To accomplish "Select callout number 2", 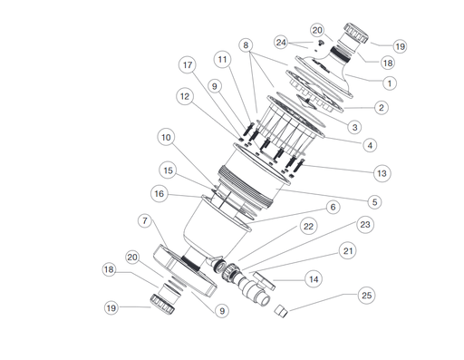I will click(x=382, y=107).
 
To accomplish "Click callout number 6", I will click(x=333, y=207).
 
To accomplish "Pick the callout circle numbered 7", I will click(x=145, y=220).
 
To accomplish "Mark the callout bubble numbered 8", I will click(x=246, y=44).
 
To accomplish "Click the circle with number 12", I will click(x=184, y=96).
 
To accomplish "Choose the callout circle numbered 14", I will click(x=314, y=279).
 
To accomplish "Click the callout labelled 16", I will click(x=160, y=192).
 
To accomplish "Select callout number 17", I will click(x=188, y=65).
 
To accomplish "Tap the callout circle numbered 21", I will click(x=348, y=249).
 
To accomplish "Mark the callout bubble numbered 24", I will click(x=282, y=42).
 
